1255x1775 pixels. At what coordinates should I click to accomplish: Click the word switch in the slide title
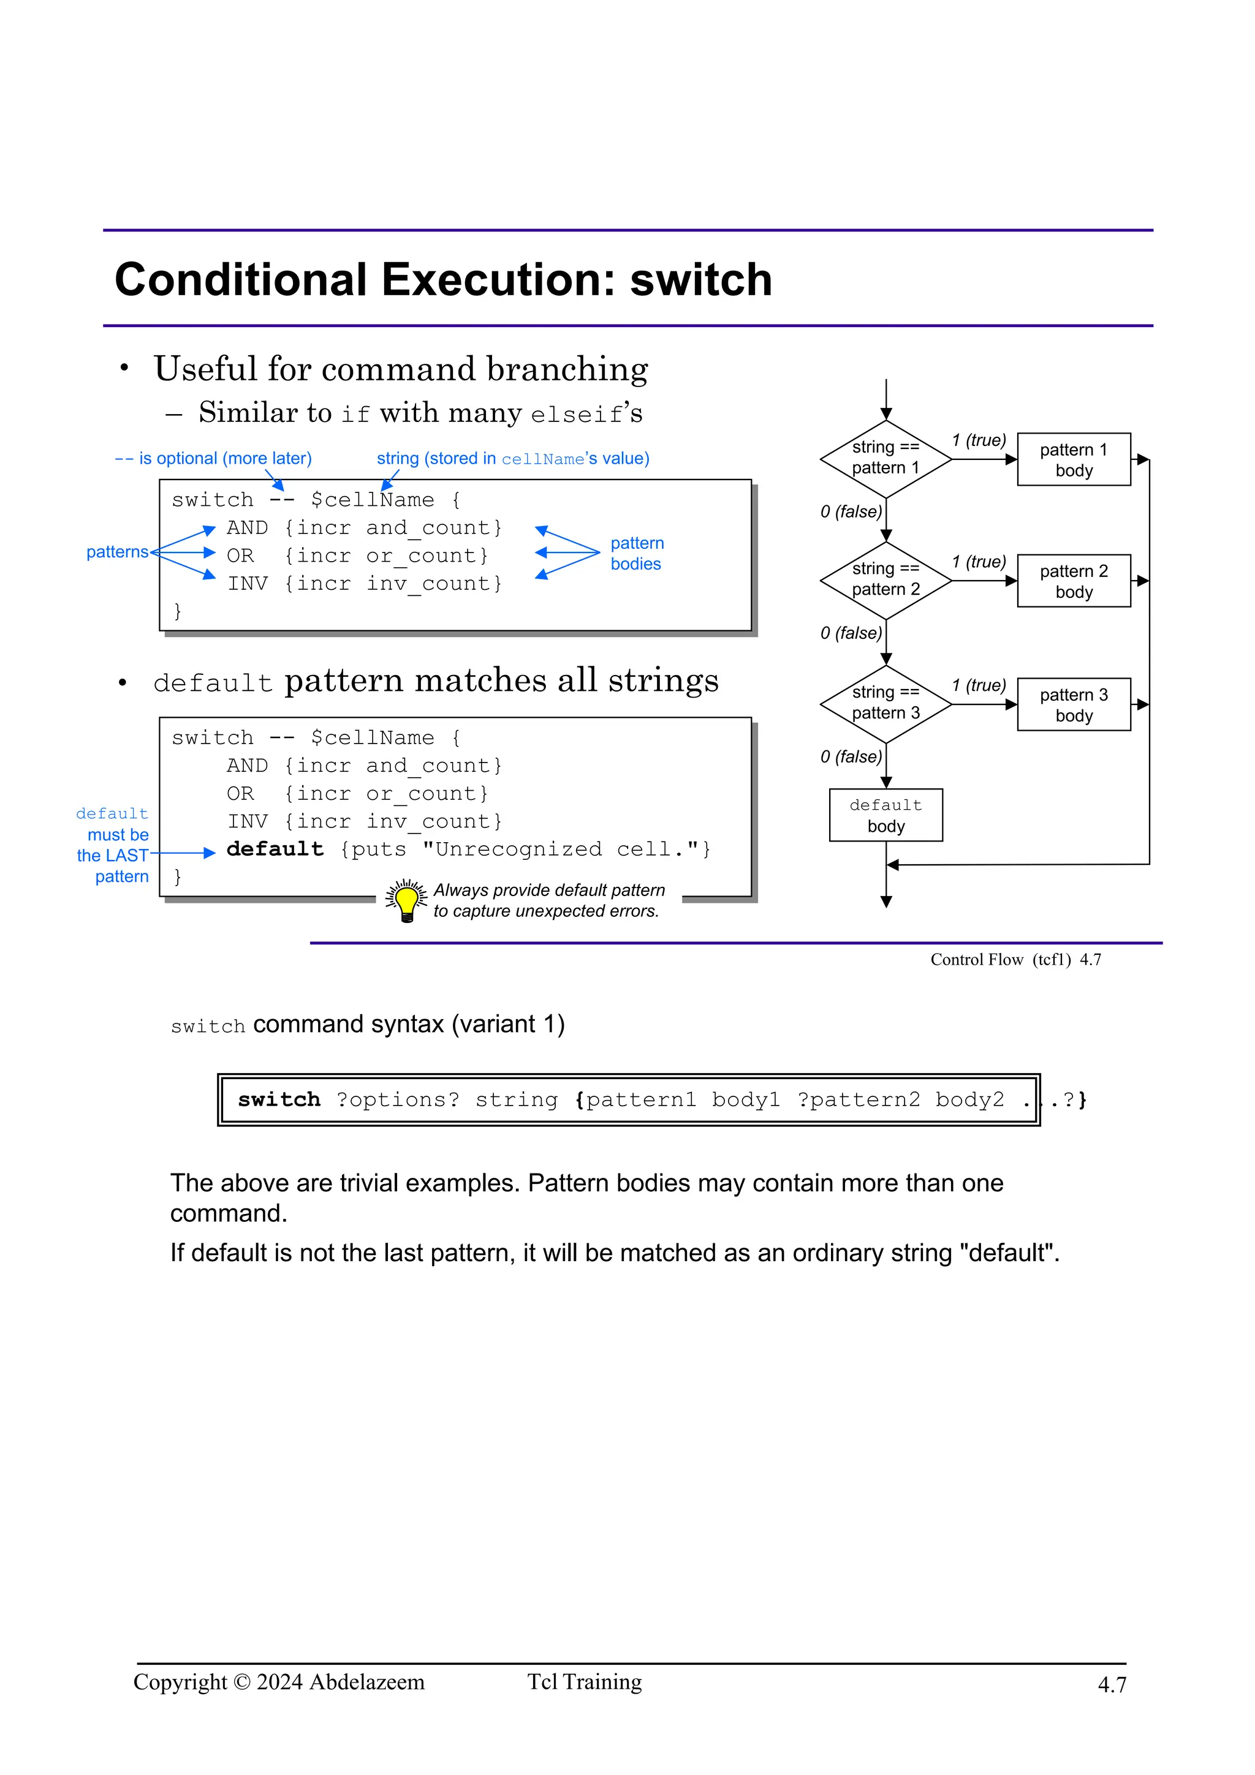pyautogui.click(x=700, y=280)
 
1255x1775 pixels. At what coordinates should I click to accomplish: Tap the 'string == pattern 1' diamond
pyautogui.click(x=885, y=458)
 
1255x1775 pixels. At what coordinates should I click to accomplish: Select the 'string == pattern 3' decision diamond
pyautogui.click(x=885, y=704)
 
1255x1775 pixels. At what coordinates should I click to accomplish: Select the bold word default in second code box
pyautogui.click(x=275, y=850)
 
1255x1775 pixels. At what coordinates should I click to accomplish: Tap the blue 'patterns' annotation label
pyautogui.click(x=117, y=552)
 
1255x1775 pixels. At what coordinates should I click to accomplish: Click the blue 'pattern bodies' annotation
pyautogui.click(x=637, y=554)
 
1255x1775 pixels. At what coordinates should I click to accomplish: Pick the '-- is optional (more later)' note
pyautogui.click(x=213, y=458)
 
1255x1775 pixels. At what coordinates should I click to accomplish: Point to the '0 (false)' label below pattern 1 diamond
pyautogui.click(x=851, y=512)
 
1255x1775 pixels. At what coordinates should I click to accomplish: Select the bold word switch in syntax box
pyautogui.click(x=278, y=1100)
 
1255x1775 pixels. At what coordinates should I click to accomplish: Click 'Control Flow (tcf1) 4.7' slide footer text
pyautogui.click(x=1015, y=959)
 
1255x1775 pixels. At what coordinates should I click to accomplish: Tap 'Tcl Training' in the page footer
pyautogui.click(x=585, y=1683)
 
